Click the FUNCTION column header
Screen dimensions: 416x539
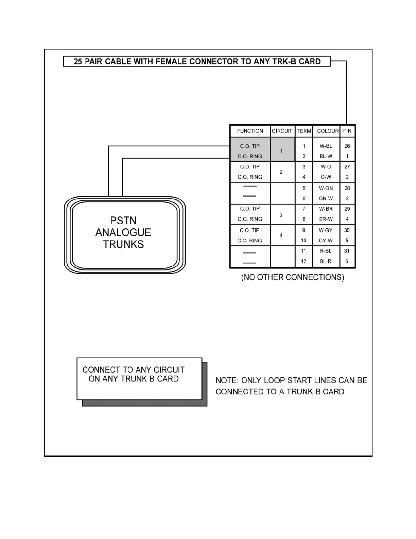[x=250, y=131]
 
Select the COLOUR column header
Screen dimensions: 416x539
[x=328, y=131]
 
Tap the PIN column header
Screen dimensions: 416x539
[x=347, y=131]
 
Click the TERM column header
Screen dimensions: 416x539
[x=304, y=131]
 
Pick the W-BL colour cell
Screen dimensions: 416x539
[x=326, y=146]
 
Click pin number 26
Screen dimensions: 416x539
[x=347, y=146]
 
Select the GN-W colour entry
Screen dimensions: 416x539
[x=326, y=198]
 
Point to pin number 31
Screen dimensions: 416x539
[x=347, y=251]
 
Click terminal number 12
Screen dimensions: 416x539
[x=304, y=261]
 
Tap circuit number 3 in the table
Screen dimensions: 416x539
[x=281, y=215]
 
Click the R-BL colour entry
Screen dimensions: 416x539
[x=326, y=251]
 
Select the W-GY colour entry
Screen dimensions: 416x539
[x=326, y=230]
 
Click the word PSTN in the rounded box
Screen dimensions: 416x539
[x=123, y=220]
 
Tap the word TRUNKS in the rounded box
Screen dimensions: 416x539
[x=123, y=244]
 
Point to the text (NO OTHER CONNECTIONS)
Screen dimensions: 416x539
[x=293, y=277]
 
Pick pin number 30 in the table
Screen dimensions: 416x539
[x=347, y=230]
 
